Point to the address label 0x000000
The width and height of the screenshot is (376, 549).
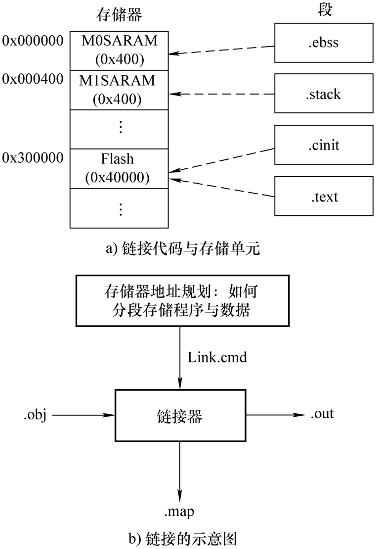(33, 40)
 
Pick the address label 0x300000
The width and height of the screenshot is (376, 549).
(33, 158)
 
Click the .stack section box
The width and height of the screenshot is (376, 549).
(325, 93)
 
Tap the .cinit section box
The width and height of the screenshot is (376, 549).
(325, 145)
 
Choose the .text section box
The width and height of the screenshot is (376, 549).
(325, 196)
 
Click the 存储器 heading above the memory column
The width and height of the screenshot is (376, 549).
(118, 15)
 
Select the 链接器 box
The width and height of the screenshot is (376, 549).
(180, 415)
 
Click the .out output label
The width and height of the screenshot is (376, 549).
(322, 413)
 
